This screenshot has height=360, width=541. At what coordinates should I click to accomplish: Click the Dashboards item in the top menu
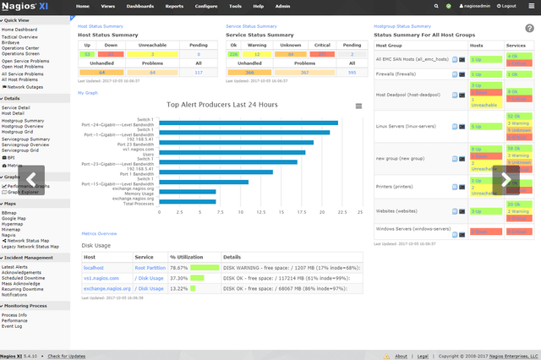tap(140, 6)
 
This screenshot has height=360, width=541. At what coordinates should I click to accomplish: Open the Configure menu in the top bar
tap(205, 6)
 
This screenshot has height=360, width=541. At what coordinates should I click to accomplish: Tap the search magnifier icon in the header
tap(436, 6)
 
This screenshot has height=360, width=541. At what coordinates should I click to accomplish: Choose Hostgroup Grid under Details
tap(18, 132)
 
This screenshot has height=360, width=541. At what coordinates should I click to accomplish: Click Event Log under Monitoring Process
tap(14, 325)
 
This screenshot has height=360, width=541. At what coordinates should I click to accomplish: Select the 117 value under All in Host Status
tap(198, 73)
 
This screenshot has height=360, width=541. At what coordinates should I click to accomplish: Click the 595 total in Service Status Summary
tap(351, 73)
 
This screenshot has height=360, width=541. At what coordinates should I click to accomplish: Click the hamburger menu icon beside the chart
tap(358, 106)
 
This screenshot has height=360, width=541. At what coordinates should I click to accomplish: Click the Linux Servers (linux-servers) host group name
tap(407, 127)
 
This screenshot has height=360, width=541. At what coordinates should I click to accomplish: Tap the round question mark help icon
tap(529, 28)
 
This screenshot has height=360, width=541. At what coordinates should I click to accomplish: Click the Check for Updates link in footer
tap(67, 356)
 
